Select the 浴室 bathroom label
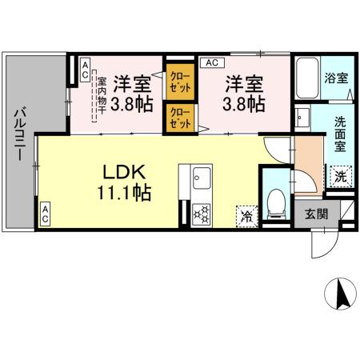[336, 78]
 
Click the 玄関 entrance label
[316, 214]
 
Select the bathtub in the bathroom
[307, 79]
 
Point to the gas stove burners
[201, 214]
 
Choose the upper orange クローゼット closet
[178, 81]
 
